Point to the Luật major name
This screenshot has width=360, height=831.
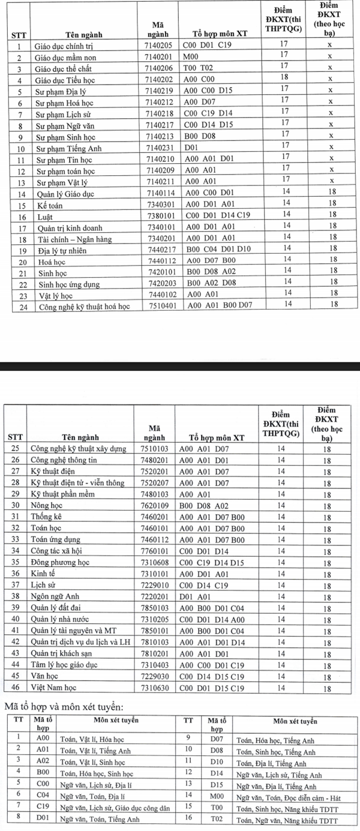[43, 217]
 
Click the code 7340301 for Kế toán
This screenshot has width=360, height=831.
[158, 206]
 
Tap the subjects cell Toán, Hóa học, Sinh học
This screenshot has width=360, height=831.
[97, 774]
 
